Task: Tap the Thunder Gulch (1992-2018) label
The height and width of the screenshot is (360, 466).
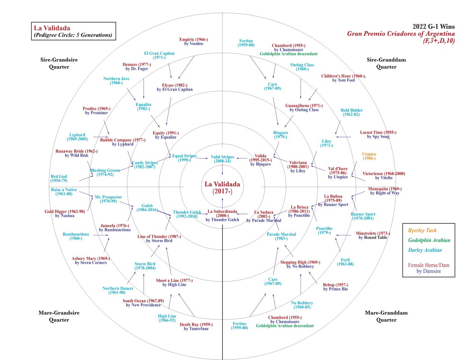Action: pyautogui.click(x=187, y=214)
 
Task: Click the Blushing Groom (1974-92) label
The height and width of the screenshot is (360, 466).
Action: pyautogui.click(x=102, y=172)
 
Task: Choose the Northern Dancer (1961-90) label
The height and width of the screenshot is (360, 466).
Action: pyautogui.click(x=118, y=290)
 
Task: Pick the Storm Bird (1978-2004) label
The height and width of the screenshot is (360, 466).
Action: pyautogui.click(x=145, y=266)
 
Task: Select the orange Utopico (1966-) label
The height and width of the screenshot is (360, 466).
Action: pyautogui.click(x=369, y=156)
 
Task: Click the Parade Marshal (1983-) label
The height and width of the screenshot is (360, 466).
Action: pyautogui.click(x=282, y=237)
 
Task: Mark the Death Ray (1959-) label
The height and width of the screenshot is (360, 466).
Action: pyautogui.click(x=196, y=327)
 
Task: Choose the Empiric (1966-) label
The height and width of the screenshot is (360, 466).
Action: pyautogui.click(x=194, y=41)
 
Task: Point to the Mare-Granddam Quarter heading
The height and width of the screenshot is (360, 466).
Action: pyautogui.click(x=381, y=316)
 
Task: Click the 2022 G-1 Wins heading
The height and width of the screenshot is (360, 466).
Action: pyautogui.click(x=433, y=26)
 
